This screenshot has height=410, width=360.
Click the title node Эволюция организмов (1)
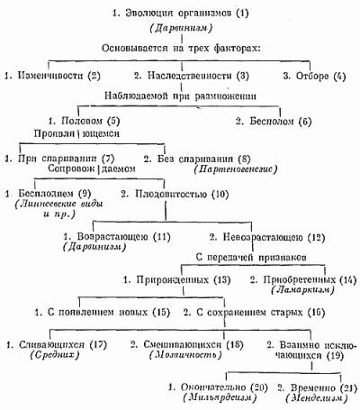(180, 14)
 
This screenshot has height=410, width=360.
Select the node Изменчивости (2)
(52, 76)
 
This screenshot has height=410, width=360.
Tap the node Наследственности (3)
(192, 76)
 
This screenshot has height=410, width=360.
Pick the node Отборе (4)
(314, 76)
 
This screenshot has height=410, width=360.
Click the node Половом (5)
(84, 121)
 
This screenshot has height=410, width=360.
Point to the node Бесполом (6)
(274, 122)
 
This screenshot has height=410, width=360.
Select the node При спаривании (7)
(59, 159)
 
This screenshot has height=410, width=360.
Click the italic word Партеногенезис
(236, 169)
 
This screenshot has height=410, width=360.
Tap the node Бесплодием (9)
(48, 194)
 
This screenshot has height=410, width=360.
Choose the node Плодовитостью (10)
(175, 194)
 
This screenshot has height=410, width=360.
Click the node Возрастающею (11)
(117, 237)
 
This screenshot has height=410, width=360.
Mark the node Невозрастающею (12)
(267, 238)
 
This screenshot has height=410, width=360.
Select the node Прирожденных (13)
(176, 280)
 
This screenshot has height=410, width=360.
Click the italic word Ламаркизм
(302, 290)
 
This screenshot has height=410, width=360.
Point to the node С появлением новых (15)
(103, 313)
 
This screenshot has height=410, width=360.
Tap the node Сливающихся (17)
(57, 344)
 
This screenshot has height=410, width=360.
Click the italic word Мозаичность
(185, 355)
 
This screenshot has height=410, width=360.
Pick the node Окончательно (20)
(218, 387)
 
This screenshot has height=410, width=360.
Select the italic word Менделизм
(317, 398)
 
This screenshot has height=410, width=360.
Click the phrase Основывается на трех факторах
(181, 48)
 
